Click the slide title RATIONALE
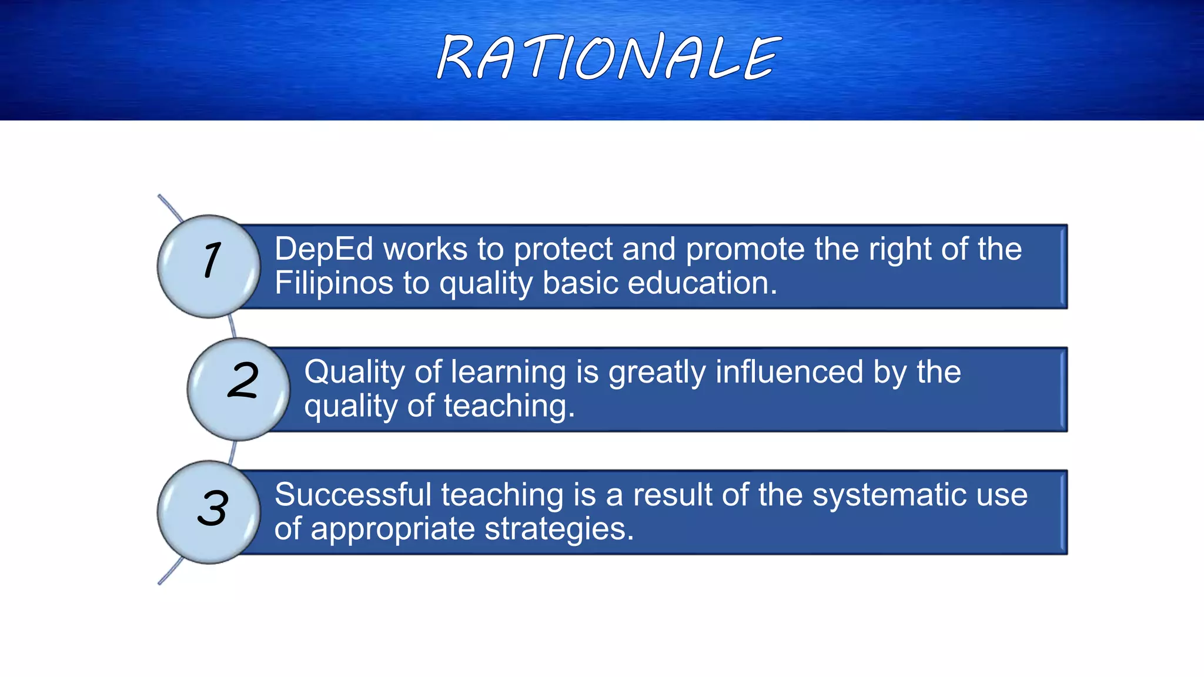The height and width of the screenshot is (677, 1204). coord(609,58)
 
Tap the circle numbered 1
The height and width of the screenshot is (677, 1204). coord(209,266)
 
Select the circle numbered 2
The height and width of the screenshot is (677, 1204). coord(239,389)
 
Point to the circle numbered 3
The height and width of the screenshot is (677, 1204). coord(209,512)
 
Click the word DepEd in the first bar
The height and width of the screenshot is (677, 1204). coord(324,249)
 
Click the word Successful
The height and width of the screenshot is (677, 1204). coord(353,495)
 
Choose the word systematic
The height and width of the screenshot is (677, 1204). coord(889,495)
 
